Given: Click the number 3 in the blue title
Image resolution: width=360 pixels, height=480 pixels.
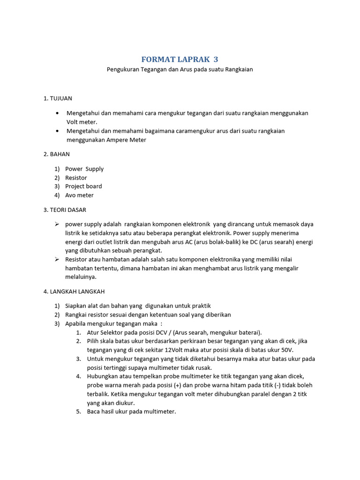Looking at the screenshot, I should (x=216, y=60).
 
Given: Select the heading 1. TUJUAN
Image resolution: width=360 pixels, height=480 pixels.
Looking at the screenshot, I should (x=58, y=98).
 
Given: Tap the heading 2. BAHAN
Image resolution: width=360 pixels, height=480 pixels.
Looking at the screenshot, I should (x=57, y=154).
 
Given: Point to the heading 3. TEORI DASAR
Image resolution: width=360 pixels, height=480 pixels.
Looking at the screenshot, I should (x=65, y=210).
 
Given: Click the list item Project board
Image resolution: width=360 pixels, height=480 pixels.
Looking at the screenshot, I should (x=83, y=186).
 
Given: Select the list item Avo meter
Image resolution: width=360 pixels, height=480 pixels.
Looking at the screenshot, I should (x=79, y=195).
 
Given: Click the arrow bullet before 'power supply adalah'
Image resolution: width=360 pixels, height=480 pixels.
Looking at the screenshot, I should (x=57, y=224).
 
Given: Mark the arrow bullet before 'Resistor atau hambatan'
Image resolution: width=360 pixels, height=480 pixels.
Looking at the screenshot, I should (x=57, y=259).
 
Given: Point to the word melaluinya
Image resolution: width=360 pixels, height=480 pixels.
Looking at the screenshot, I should (x=81, y=277).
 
